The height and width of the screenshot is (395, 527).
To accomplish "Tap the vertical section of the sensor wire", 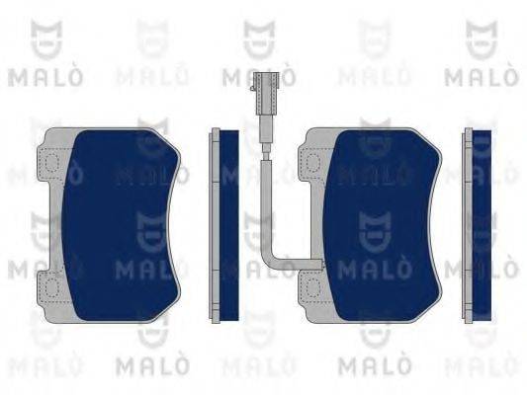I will pyautogui.click(x=263, y=188).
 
